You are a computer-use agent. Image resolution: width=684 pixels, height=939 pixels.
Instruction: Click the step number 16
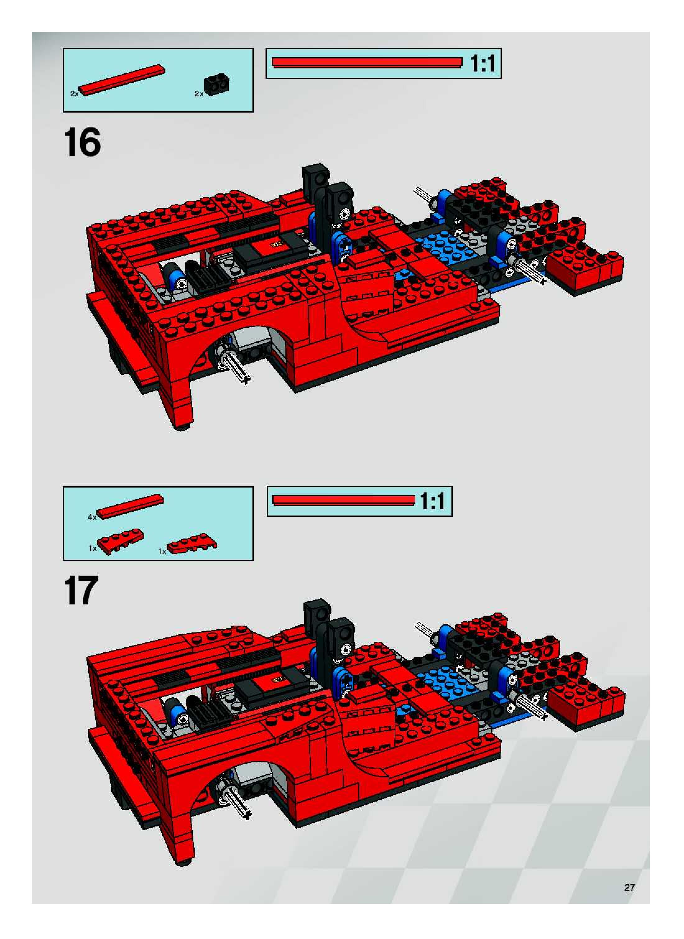[x=82, y=142]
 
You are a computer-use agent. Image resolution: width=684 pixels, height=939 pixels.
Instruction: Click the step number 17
[x=81, y=590]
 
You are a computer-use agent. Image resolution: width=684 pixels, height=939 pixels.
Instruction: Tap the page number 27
[x=629, y=887]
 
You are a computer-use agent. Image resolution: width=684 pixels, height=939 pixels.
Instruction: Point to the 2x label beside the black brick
[x=199, y=94]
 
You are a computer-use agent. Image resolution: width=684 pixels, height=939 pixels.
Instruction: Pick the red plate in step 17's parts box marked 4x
[x=130, y=506]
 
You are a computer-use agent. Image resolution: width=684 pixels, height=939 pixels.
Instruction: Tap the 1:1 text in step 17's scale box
[x=433, y=501]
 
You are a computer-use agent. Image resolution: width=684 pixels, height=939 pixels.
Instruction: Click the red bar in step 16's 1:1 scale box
[x=367, y=62]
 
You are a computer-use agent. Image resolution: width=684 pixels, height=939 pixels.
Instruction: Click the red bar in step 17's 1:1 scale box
[x=344, y=500]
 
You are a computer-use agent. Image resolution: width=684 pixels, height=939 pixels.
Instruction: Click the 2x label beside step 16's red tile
[x=74, y=94]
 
